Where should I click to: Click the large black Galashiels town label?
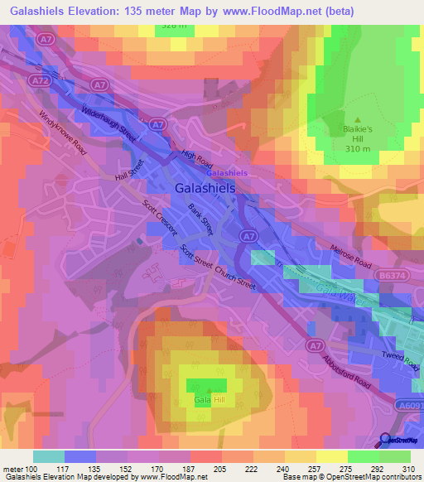click(x=205, y=189)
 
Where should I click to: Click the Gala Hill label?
click(x=210, y=400)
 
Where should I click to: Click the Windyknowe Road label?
click(x=62, y=132)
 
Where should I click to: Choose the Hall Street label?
click(x=130, y=169)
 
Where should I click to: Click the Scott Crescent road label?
click(x=160, y=219)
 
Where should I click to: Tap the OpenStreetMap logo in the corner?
click(x=397, y=441)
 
